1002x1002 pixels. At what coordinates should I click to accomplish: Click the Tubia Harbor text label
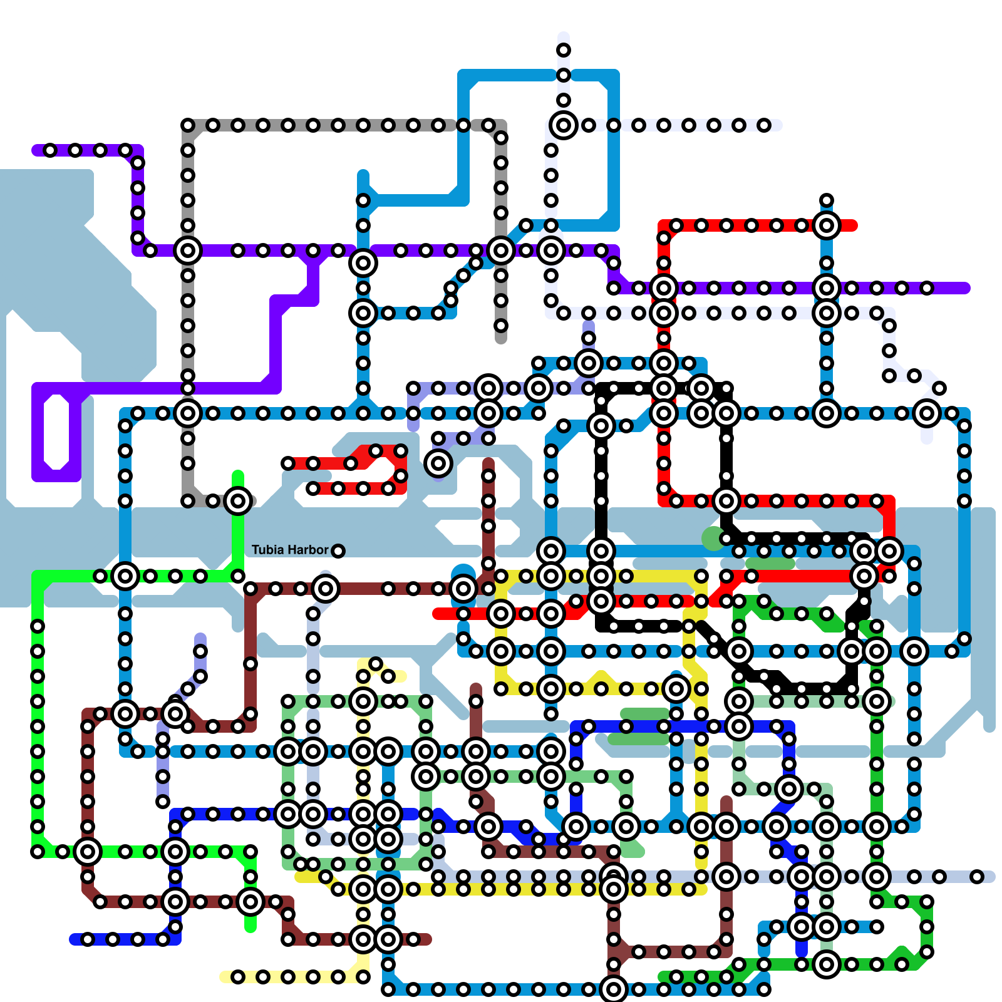pyautogui.click(x=290, y=550)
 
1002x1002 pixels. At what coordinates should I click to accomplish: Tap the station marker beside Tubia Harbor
pyautogui.click(x=338, y=551)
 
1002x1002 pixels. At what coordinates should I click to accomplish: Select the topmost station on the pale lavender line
pyautogui.click(x=564, y=50)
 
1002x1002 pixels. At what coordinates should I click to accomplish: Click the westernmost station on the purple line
pyautogui.click(x=50, y=150)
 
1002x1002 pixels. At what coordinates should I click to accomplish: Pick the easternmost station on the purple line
pyautogui.click(x=927, y=288)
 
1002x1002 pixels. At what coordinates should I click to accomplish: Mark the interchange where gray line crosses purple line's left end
pyautogui.click(x=188, y=250)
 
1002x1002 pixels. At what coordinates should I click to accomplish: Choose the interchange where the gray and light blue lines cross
pyautogui.click(x=188, y=413)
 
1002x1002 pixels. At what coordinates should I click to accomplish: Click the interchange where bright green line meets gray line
pyautogui.click(x=238, y=501)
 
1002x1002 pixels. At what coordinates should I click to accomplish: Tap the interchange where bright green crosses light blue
pyautogui.click(x=125, y=576)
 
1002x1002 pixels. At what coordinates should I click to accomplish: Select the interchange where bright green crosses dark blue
pyautogui.click(x=175, y=852)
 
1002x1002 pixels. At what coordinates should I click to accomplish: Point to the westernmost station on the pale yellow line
pyautogui.click(x=238, y=977)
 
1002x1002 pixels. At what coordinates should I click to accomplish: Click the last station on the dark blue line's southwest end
pyautogui.click(x=88, y=939)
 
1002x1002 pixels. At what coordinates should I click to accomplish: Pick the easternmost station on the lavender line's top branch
pyautogui.click(x=764, y=125)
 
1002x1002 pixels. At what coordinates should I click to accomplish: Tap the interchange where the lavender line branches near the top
pyautogui.click(x=564, y=125)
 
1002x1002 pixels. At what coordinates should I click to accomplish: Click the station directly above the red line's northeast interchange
pyautogui.click(x=827, y=200)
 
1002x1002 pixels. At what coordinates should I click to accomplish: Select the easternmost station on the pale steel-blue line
pyautogui.click(x=977, y=877)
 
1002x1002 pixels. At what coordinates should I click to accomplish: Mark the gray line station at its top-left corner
pyautogui.click(x=188, y=125)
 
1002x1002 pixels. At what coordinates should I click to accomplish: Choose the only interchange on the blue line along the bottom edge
pyautogui.click(x=614, y=989)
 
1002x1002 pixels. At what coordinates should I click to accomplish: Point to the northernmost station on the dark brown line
pyautogui.click(x=488, y=476)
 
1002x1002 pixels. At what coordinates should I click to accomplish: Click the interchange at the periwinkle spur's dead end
pyautogui.click(x=438, y=463)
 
